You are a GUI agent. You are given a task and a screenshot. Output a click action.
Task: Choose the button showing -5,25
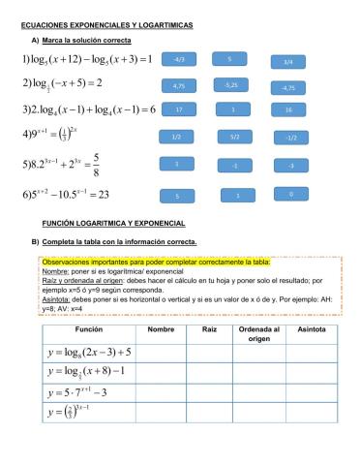coord(230,85)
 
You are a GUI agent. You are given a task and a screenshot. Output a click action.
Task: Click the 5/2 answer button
coord(234,138)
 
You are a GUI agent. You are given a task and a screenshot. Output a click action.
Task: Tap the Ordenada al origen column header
coord(259,334)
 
